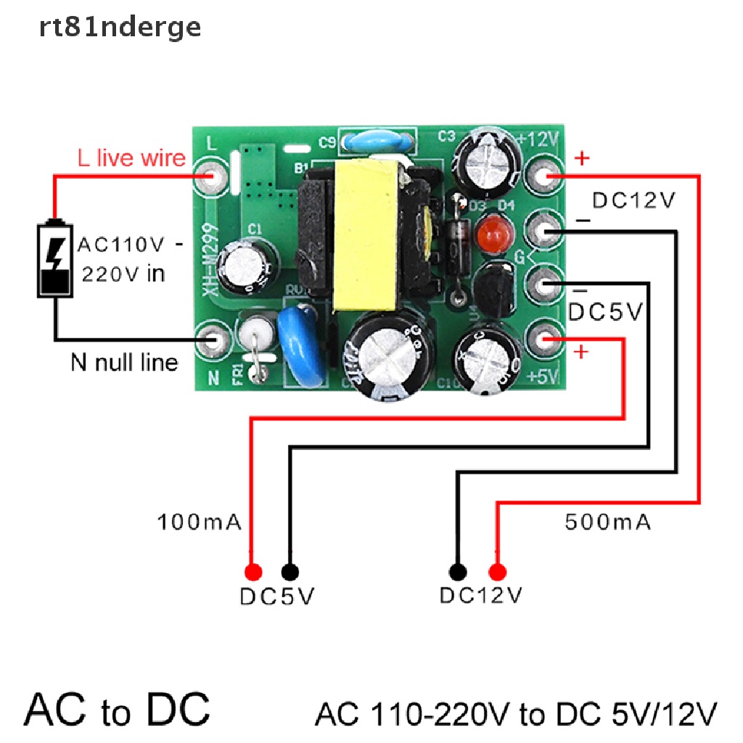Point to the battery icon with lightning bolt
tap(55, 258)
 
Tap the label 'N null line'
tap(124, 361)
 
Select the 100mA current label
tap(200, 522)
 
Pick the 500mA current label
tap(607, 521)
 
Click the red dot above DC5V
tap(253, 570)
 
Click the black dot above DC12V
tap(457, 570)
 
